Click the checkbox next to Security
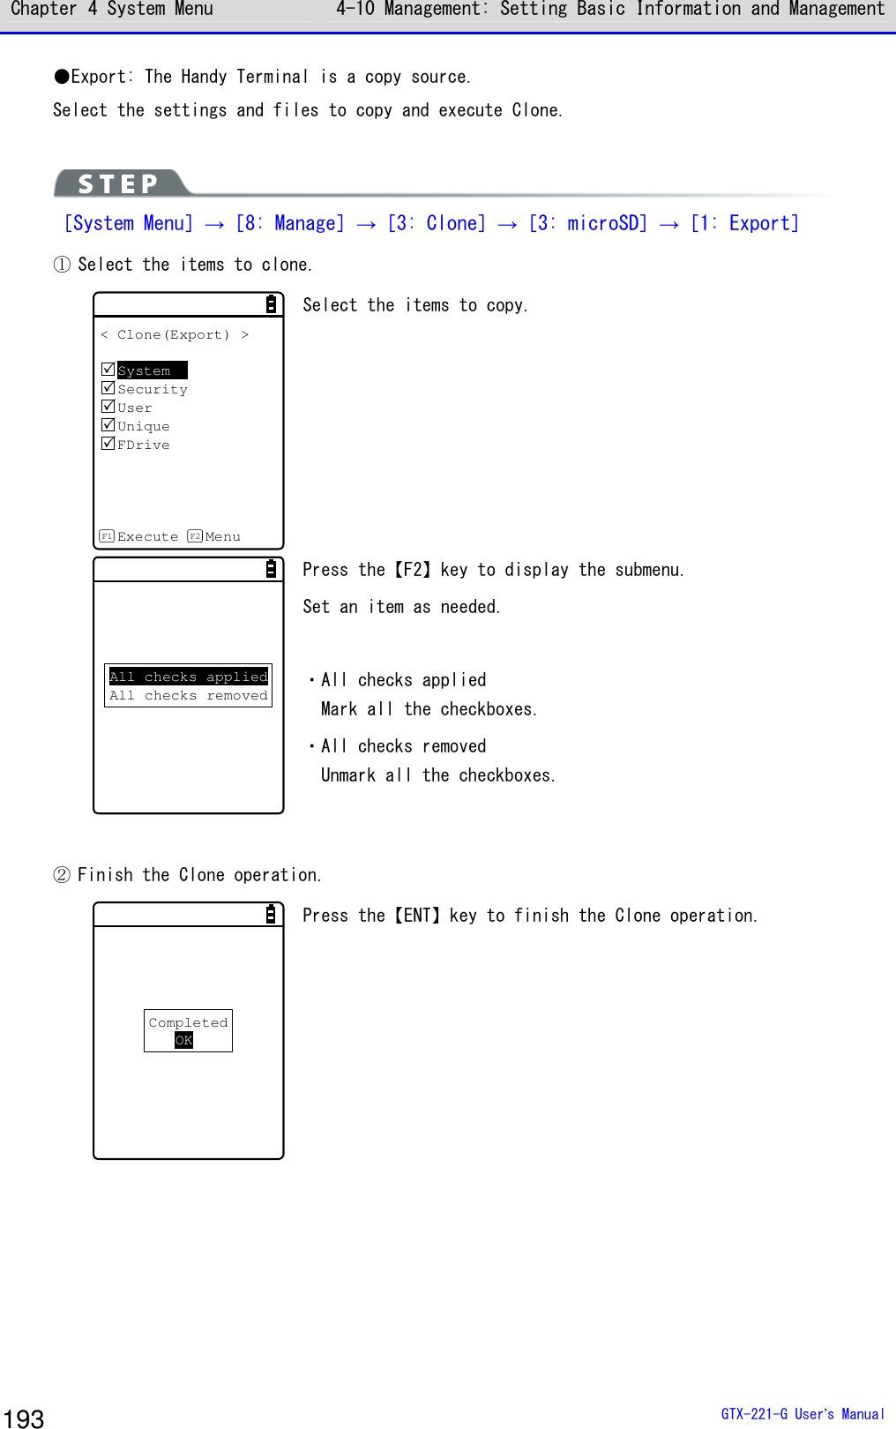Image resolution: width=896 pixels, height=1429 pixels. pos(108,388)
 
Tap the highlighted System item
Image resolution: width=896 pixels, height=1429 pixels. pos(151,370)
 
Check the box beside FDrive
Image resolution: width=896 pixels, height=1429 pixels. pos(108,444)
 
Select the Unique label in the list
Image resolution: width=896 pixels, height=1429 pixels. pos(143,426)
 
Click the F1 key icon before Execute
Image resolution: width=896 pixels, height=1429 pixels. pos(107,536)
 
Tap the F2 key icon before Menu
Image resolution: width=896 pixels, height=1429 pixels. pos(195,536)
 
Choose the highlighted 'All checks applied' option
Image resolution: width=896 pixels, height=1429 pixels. pos(188,677)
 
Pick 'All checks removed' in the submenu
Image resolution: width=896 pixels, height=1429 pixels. pos(188,696)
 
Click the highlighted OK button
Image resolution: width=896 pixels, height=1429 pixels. pos(183,1041)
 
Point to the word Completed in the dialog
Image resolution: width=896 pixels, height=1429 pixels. pos(188,1022)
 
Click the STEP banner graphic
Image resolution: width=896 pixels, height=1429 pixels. pos(120,183)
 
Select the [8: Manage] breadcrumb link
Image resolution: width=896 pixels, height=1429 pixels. pos(290,223)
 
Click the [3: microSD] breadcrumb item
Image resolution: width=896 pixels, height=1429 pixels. pos(588,223)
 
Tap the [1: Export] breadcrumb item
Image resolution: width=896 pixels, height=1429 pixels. pos(744,223)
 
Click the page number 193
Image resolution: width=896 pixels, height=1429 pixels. pos(24,1418)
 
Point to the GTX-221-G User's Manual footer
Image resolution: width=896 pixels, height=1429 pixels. pos(802,1414)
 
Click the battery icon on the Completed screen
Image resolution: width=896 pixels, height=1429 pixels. pos(271,915)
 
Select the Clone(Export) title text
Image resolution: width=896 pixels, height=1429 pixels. pos(174,335)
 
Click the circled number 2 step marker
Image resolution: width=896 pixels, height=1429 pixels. pos(62,875)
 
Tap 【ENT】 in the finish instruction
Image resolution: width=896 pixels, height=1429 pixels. pos(422,916)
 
